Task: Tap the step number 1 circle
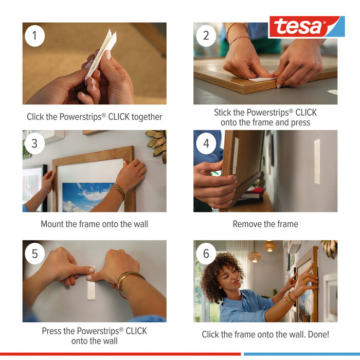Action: (x=34, y=35)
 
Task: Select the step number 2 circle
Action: (x=206, y=35)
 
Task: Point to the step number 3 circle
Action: (x=34, y=143)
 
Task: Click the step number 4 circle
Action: (x=206, y=143)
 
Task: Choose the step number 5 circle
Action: (x=34, y=254)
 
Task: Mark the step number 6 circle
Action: (x=206, y=254)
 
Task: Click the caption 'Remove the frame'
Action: (x=265, y=224)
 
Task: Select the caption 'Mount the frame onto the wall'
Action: (x=94, y=224)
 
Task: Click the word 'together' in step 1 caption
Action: (x=147, y=117)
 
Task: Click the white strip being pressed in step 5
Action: (x=92, y=285)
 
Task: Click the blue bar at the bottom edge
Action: (x=301, y=354)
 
